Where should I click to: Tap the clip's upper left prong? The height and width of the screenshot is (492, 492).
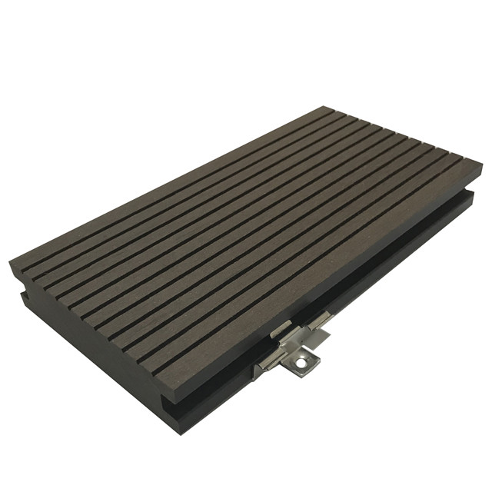click(281, 329)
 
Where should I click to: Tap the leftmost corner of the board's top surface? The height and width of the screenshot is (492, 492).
click(10, 265)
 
